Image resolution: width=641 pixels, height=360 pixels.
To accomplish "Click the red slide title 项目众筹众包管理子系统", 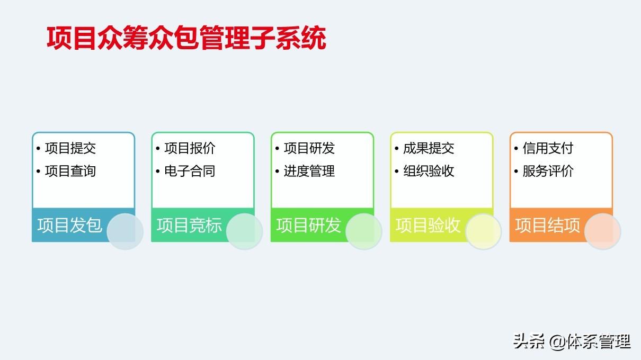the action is (186, 38).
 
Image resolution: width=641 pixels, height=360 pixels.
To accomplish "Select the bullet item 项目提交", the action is (70, 148).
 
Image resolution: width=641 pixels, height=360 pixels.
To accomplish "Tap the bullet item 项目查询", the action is (70, 171).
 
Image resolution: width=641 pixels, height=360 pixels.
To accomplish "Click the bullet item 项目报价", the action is (190, 148).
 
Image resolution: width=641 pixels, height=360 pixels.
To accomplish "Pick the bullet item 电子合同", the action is (190, 171).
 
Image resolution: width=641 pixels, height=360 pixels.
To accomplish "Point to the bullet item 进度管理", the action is (309, 171).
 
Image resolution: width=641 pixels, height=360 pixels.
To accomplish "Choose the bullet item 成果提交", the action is (429, 148).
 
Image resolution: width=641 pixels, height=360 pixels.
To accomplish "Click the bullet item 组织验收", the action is (429, 171).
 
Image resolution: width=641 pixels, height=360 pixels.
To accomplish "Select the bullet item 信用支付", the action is (548, 148).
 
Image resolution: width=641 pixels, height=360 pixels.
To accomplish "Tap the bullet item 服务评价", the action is (548, 171).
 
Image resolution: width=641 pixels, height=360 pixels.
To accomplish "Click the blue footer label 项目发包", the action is (69, 226).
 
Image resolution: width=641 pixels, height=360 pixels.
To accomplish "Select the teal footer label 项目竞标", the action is (189, 226).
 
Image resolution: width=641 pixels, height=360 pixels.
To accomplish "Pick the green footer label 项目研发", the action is (308, 226).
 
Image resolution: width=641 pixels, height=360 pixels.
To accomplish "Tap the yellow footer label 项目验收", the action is (428, 226).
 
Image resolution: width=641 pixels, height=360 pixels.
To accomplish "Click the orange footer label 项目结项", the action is (547, 226).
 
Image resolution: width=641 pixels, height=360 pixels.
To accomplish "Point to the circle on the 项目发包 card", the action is (125, 231).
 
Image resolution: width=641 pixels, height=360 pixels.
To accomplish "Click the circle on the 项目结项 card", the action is (603, 231).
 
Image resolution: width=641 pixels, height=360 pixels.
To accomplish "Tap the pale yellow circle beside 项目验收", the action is (483, 231).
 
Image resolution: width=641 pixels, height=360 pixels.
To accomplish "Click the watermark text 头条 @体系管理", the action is (572, 341).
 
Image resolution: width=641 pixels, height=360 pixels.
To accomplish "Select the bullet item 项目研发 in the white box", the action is (309, 148).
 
